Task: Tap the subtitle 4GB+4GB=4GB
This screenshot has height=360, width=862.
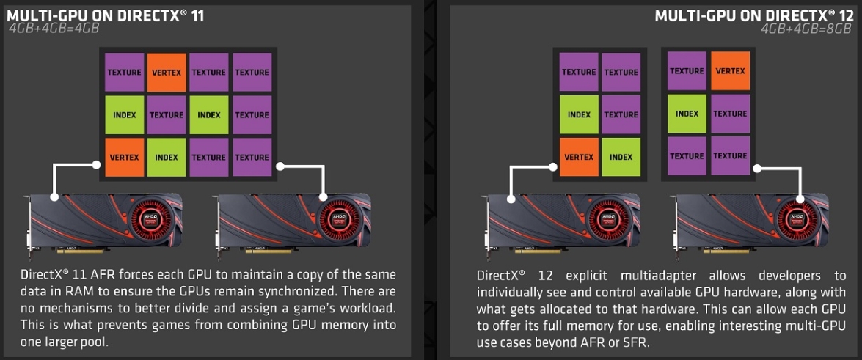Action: point(54,29)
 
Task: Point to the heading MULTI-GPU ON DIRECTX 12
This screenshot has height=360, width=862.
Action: point(753,15)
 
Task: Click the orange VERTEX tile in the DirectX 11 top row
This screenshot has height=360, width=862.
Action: point(167,72)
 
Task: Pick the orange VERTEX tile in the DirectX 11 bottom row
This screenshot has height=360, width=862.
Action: point(124,157)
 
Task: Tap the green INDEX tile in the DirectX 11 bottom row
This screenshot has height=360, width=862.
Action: point(167,157)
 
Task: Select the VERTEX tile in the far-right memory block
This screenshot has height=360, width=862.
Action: point(730,71)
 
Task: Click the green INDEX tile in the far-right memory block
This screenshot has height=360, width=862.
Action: point(687,114)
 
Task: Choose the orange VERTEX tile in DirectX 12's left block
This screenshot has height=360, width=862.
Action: point(579,157)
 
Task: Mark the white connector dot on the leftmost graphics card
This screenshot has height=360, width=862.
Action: point(54,197)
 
